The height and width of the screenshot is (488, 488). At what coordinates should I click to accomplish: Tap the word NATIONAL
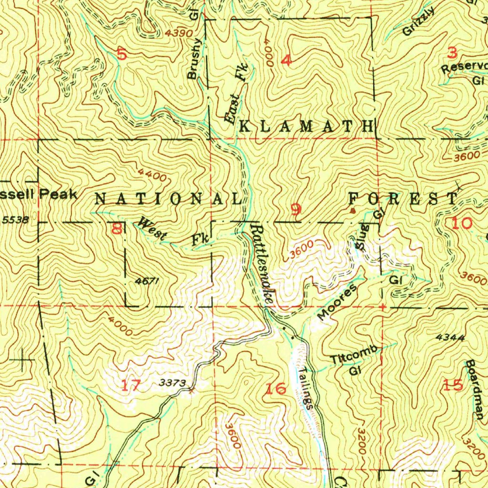click(x=168, y=199)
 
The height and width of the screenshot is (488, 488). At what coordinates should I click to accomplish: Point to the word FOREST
click(x=402, y=199)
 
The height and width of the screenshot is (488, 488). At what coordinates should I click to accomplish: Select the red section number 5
click(x=122, y=54)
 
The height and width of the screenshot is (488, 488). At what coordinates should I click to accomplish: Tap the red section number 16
click(x=275, y=388)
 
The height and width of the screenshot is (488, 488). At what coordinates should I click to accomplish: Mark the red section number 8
click(x=116, y=230)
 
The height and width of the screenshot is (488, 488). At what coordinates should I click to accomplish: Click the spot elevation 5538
click(x=15, y=220)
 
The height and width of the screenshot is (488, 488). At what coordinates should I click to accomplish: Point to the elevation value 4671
click(x=146, y=281)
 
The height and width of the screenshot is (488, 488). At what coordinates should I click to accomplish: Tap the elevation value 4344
click(x=450, y=337)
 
